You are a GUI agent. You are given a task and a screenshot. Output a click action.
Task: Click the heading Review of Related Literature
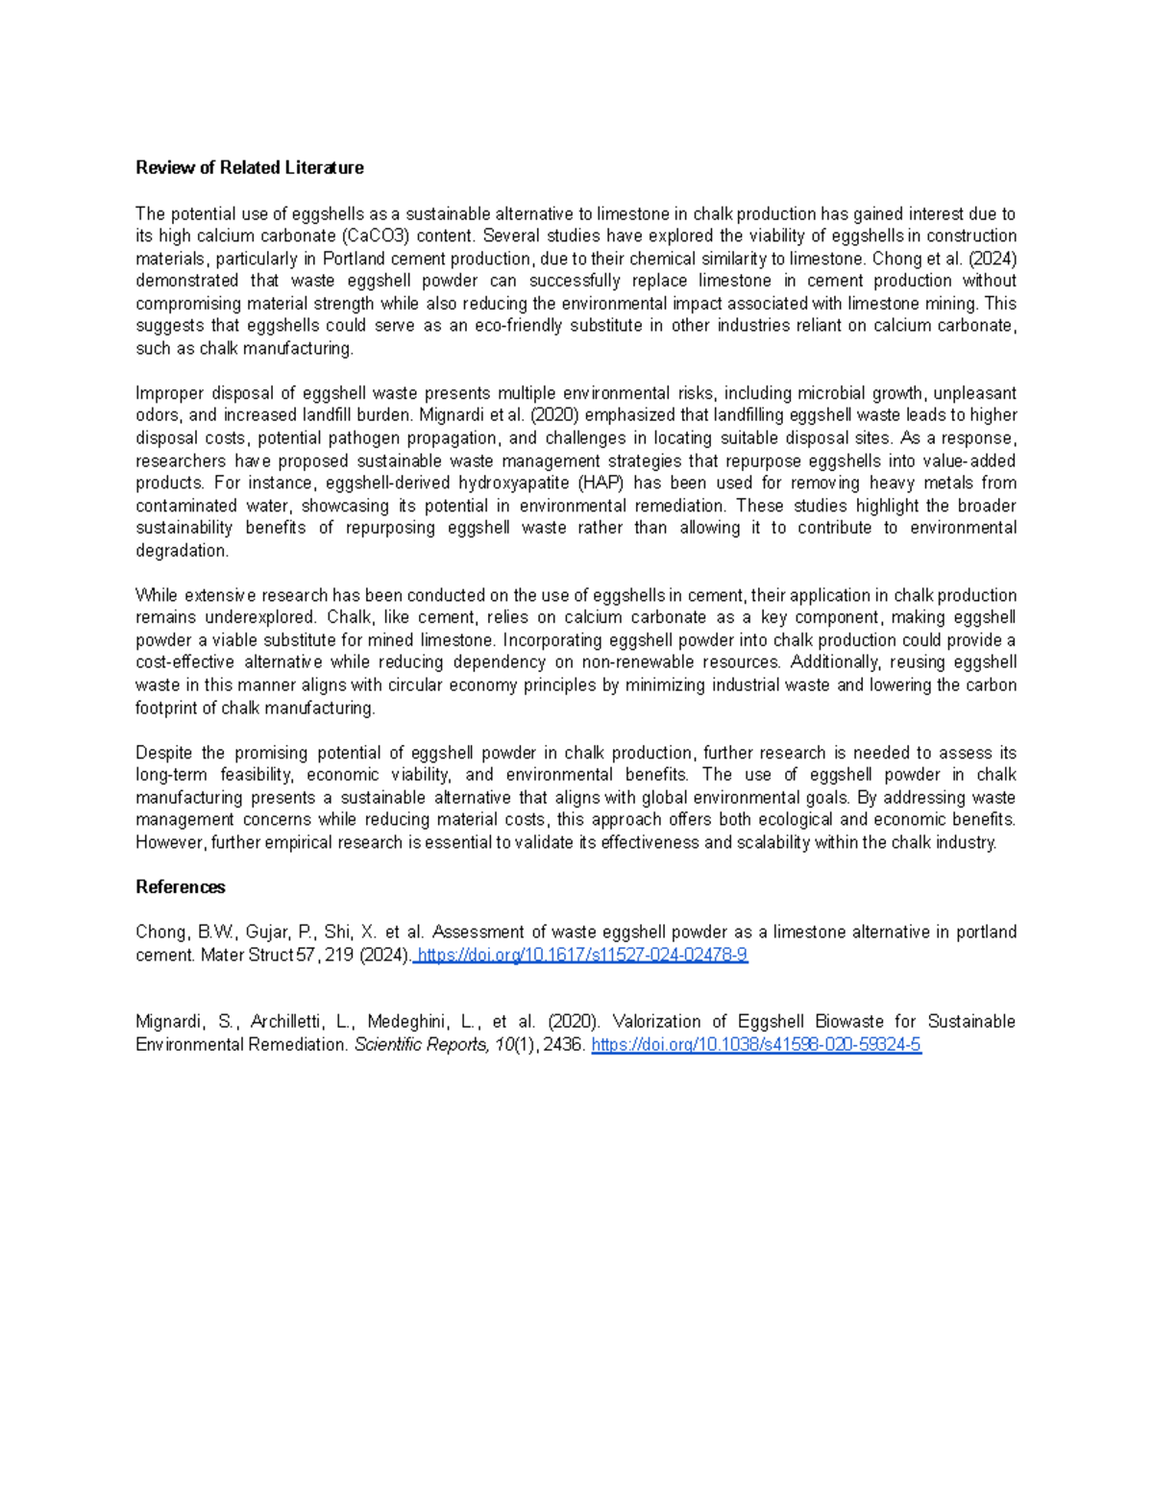pyautogui.click(x=249, y=167)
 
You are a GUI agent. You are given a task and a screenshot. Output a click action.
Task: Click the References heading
pyautogui.click(x=180, y=886)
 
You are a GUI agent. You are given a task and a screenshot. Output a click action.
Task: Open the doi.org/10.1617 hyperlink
pyautogui.click(x=582, y=955)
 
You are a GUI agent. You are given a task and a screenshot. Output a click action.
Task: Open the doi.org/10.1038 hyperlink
pyautogui.click(x=756, y=1044)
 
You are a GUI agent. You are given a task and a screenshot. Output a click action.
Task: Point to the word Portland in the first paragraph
pyautogui.click(x=353, y=258)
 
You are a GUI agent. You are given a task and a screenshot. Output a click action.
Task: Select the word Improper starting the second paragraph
pyautogui.click(x=169, y=392)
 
